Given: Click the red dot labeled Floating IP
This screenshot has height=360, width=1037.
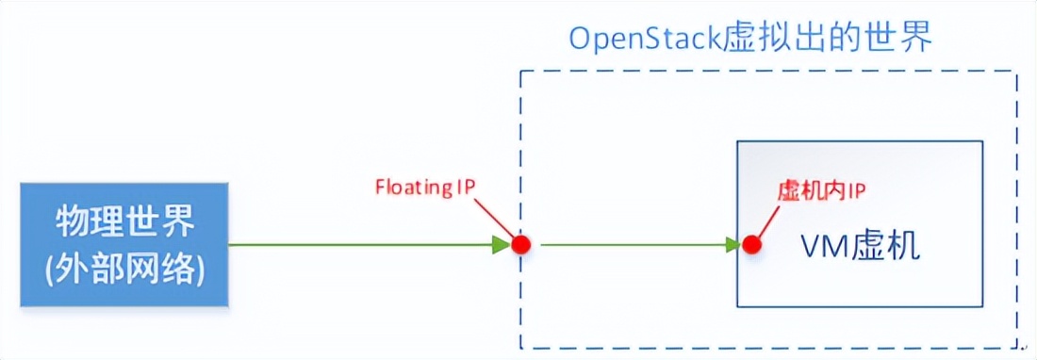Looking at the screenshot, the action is tap(520, 245).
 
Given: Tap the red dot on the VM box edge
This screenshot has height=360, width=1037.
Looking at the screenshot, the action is tap(750, 245).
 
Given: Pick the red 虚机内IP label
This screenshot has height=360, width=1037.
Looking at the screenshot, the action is tap(821, 190).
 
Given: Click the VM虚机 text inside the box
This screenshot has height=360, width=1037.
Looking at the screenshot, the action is tap(859, 246).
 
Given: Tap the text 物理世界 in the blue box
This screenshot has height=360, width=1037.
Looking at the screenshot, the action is tap(125, 223).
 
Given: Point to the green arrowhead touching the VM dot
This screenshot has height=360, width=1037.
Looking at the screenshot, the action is tap(732, 245).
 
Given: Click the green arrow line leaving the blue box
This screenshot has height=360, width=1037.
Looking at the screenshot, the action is tap(358, 245).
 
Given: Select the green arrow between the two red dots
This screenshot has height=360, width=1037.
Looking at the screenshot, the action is tap(632, 245).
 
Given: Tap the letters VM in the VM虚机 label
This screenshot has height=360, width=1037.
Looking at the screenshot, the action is tap(819, 246).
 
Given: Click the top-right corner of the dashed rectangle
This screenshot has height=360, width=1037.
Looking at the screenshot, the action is tap(1016, 72).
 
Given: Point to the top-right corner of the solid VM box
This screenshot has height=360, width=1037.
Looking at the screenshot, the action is tap(982, 141).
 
